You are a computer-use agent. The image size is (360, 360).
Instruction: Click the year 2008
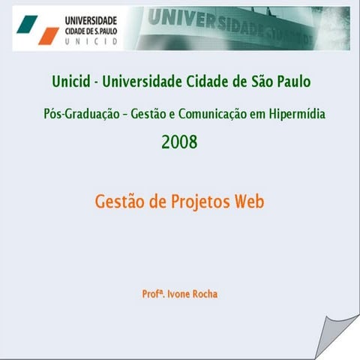(x=179, y=141)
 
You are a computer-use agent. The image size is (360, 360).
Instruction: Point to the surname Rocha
(x=203, y=294)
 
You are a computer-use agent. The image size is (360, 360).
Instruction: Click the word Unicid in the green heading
(x=73, y=81)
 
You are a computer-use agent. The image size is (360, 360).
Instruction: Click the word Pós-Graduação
(x=82, y=114)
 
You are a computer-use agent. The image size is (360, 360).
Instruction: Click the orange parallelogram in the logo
(x=49, y=35)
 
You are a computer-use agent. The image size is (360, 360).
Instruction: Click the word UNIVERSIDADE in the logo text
(x=91, y=20)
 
